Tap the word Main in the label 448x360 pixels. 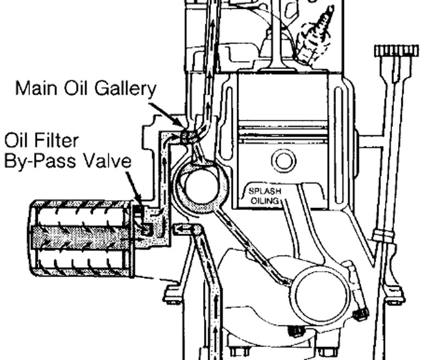[x=33, y=88]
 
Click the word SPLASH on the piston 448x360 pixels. [x=264, y=192]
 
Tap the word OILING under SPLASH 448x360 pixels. [x=266, y=200]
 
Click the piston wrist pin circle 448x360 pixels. [x=284, y=161]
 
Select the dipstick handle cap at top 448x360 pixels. [x=396, y=51]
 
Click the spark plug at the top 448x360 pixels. [x=316, y=33]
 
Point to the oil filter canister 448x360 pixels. [x=82, y=237]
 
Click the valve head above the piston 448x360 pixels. [x=280, y=69]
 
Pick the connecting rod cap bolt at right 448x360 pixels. [x=361, y=315]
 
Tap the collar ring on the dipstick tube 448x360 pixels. [x=384, y=236]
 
